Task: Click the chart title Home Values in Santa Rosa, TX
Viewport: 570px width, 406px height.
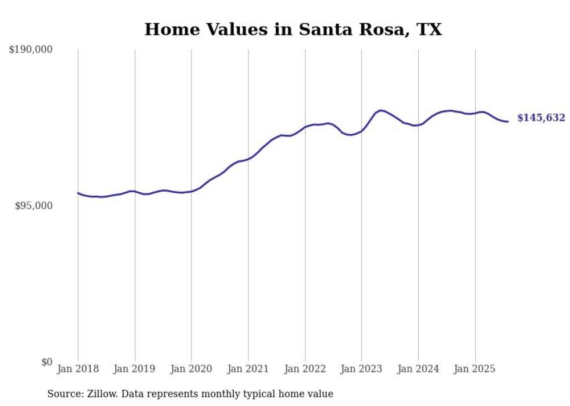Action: click(293, 30)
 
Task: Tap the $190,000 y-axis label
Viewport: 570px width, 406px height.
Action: click(31, 50)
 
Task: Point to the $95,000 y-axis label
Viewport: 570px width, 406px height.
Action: click(33, 206)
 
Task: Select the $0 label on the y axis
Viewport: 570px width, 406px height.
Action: click(47, 362)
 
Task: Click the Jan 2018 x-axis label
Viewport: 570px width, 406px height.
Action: click(78, 369)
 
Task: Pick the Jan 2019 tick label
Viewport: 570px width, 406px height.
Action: click(135, 369)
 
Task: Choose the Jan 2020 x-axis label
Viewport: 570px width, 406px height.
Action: click(191, 369)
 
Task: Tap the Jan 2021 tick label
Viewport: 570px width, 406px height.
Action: click(248, 369)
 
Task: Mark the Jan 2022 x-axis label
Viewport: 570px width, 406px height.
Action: click(305, 369)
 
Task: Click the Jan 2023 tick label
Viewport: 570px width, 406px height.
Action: click(362, 369)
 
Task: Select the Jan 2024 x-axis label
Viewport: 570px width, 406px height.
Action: click(418, 369)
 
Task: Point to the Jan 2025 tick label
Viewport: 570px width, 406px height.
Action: click(475, 369)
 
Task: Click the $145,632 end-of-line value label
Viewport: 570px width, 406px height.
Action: click(541, 118)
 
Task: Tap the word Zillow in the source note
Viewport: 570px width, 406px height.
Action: click(101, 394)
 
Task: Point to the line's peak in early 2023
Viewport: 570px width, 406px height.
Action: click(380, 110)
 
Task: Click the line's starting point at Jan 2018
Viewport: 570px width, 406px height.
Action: click(78, 193)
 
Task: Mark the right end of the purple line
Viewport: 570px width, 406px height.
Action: click(508, 121)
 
